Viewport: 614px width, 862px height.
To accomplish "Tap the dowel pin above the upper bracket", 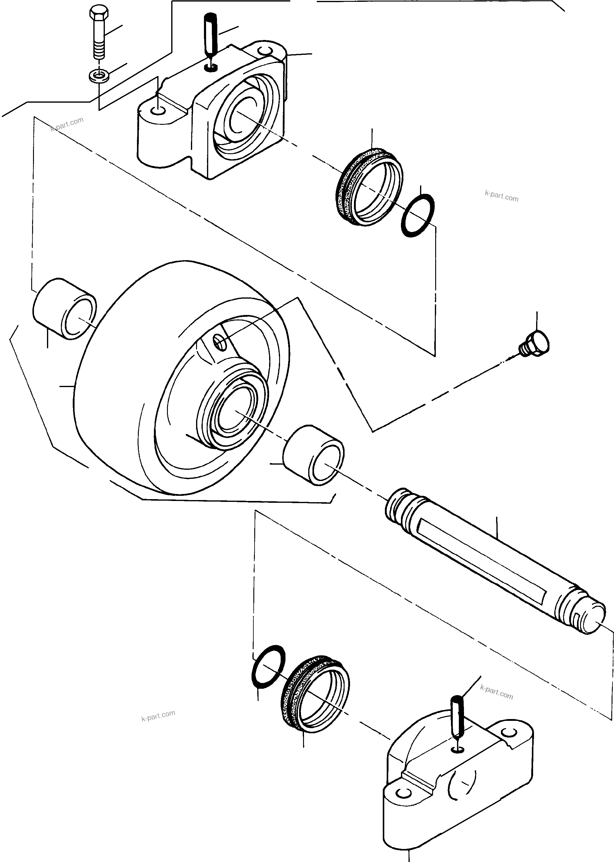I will pyautogui.click(x=210, y=38).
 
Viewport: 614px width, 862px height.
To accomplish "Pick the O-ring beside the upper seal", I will pyautogui.click(x=417, y=215).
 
